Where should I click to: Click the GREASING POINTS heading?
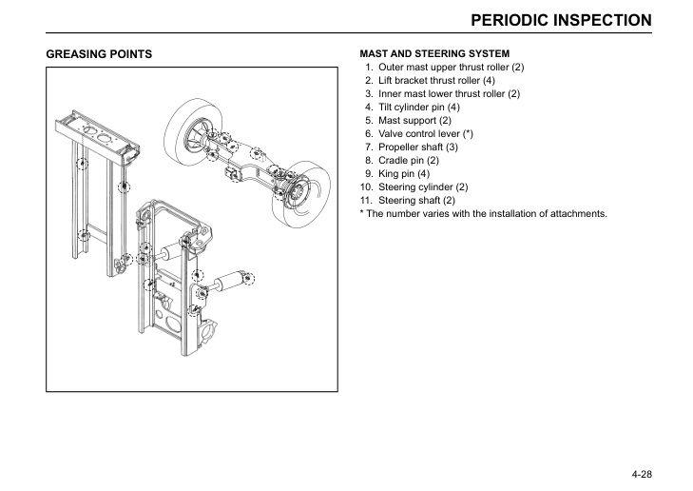pyautogui.click(x=99, y=54)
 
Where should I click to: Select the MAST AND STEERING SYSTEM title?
pyautogui.click(x=433, y=53)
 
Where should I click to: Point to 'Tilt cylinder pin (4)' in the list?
pyautogui.click(x=419, y=108)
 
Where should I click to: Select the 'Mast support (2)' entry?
pyautogui.click(x=414, y=121)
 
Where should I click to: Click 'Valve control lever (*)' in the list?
pyautogui.click(x=426, y=134)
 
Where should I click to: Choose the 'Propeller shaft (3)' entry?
pyautogui.click(x=418, y=147)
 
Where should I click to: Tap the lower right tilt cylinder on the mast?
pyautogui.click(x=229, y=283)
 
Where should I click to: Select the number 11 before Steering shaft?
pyautogui.click(x=366, y=201)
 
